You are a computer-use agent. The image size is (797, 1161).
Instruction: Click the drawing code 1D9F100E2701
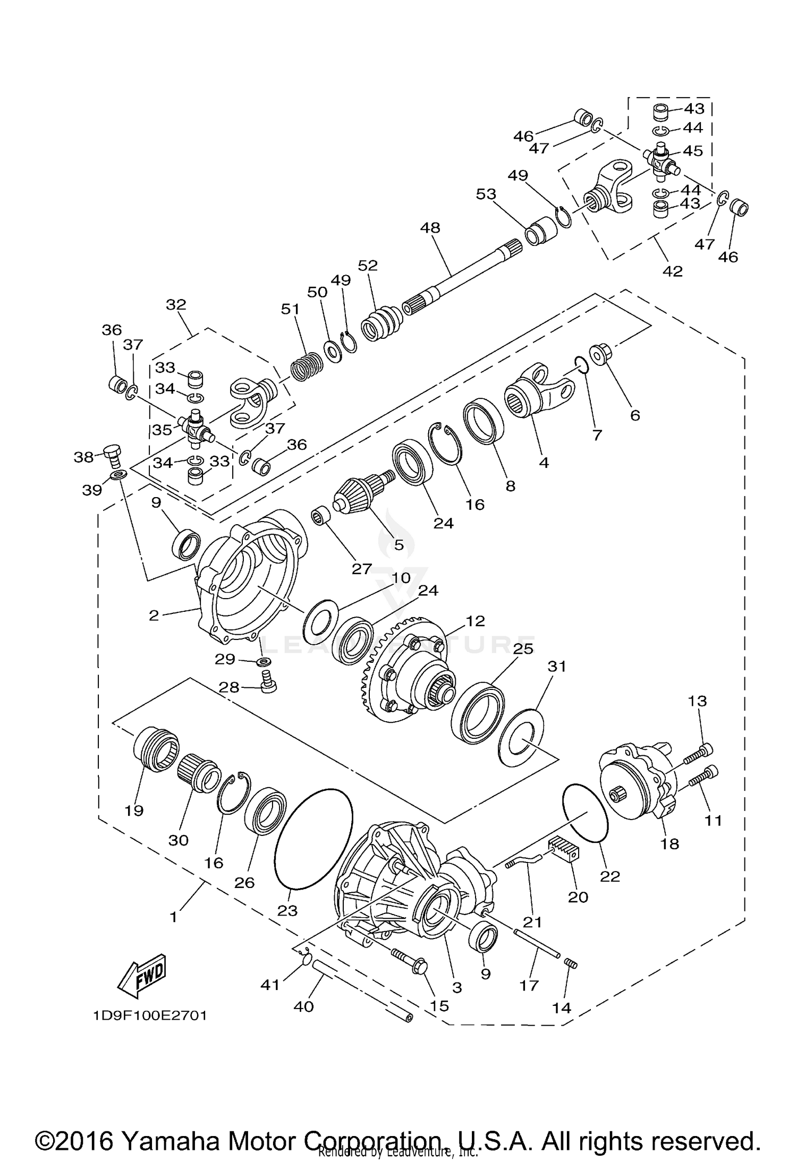coord(150,1015)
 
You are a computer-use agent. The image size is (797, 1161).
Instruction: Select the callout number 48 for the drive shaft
coord(430,228)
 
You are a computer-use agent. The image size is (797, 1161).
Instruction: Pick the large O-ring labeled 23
coord(313,839)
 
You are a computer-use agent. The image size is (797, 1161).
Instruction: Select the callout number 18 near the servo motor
coord(669,843)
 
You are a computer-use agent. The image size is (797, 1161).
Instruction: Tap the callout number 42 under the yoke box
coord(672,271)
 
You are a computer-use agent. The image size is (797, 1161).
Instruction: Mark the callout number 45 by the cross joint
coord(692,151)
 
